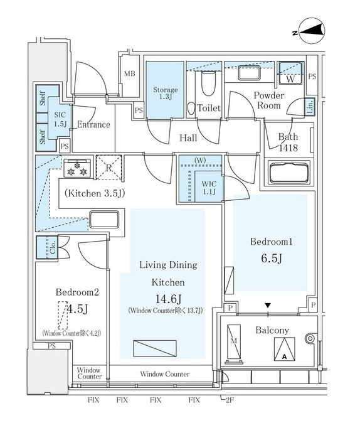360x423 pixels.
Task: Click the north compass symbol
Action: tap(312, 31)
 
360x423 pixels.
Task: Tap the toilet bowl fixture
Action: tap(208, 83)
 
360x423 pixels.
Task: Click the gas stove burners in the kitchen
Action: tap(77, 168)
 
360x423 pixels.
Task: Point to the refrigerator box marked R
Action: tap(109, 168)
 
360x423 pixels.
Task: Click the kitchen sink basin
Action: tap(104, 220)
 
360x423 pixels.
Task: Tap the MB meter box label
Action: tap(129, 73)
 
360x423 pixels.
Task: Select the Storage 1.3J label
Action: tap(166, 93)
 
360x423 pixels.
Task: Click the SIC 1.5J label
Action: tap(60, 119)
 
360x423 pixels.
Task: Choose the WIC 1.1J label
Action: tap(209, 188)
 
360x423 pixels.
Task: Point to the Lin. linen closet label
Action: tap(310, 107)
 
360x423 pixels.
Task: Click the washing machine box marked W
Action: tap(290, 73)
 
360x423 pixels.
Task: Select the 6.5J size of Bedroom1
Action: tap(272, 259)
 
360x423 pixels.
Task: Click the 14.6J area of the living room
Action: tap(168, 299)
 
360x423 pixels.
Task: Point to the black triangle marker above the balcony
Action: tap(268, 306)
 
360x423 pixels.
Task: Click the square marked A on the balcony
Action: tap(285, 349)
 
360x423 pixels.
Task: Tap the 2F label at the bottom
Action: tap(230, 400)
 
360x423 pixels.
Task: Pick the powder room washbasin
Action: tap(249, 73)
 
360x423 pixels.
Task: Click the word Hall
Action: tap(188, 138)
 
